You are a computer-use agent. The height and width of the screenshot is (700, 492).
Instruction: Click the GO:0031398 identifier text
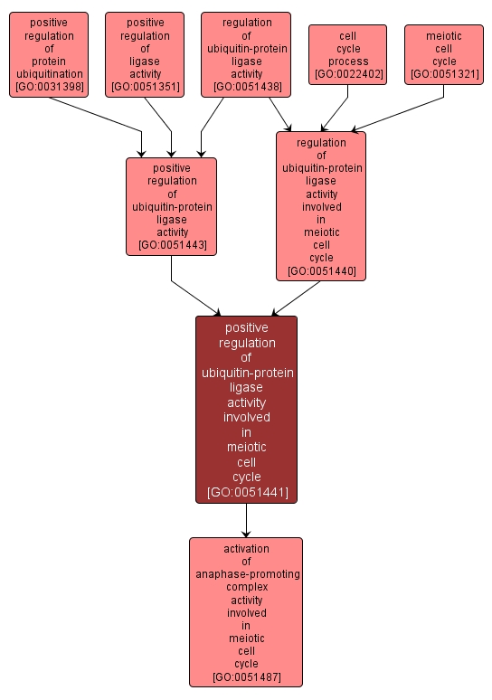pos(49,87)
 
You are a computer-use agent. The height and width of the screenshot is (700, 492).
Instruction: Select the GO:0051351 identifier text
pos(145,87)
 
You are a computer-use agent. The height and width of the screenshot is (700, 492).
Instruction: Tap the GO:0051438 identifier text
pos(246,87)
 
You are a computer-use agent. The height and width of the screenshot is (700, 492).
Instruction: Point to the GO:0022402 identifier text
pos(347,74)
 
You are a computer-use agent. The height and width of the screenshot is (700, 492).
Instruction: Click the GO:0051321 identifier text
pos(444,74)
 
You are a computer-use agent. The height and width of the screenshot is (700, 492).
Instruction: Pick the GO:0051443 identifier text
pos(172,245)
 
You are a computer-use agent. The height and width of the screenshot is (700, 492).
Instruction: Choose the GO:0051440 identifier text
pos(321,270)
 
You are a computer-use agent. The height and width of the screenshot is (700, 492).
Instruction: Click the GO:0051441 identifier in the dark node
pos(246,492)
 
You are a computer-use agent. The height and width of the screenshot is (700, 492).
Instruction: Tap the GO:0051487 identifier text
pos(246,676)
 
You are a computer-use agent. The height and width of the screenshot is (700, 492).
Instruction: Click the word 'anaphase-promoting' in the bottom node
pos(246,574)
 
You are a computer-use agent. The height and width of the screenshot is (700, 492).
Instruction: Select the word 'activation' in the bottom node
pos(246,548)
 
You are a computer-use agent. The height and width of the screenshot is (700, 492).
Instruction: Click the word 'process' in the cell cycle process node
pos(347,61)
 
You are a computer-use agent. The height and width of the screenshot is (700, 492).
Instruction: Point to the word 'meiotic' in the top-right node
pos(444,36)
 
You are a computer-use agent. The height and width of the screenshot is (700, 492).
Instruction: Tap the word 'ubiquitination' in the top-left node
pos(49,74)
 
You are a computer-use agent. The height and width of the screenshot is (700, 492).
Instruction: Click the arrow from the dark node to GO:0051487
pos(246,521)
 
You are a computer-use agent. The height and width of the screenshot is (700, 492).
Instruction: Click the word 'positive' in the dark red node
pos(246,327)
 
